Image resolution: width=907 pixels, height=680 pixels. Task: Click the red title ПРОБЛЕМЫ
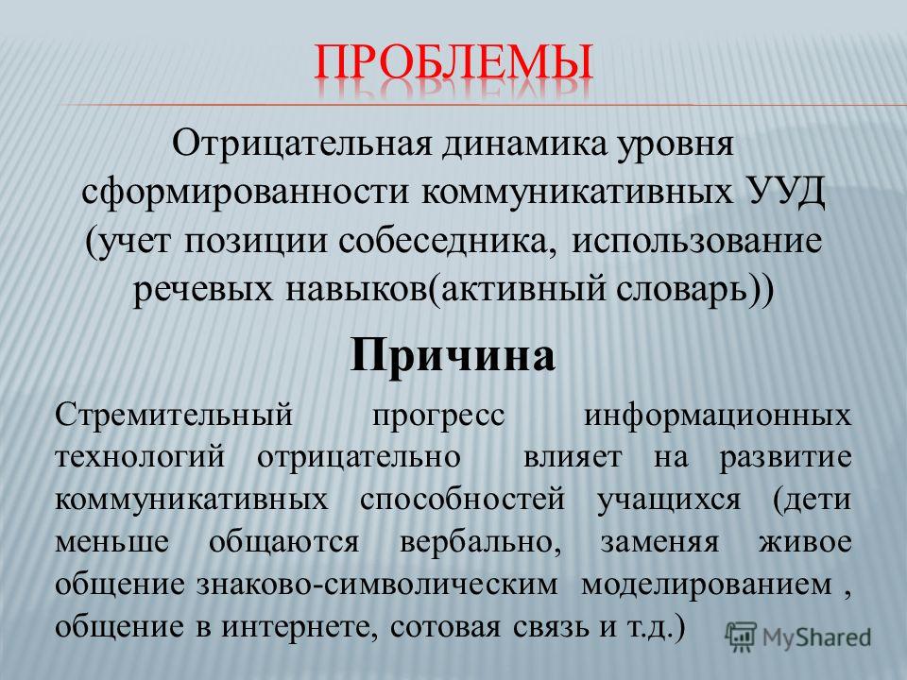(454, 61)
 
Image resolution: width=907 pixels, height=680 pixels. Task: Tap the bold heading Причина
(453, 355)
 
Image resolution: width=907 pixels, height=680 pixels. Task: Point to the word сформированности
(246, 193)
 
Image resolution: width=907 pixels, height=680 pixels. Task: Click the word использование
(697, 241)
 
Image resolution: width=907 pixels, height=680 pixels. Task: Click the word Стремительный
(174, 416)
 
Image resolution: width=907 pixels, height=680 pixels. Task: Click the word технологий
(140, 458)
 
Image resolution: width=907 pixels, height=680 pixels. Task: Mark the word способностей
(462, 500)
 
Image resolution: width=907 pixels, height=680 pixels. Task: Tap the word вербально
(481, 542)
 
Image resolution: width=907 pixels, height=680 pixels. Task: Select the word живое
(805, 542)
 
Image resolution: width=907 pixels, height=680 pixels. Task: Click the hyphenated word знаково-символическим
(377, 585)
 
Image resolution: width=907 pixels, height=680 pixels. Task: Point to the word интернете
(300, 627)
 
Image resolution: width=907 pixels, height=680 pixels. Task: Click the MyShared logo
(797, 637)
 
